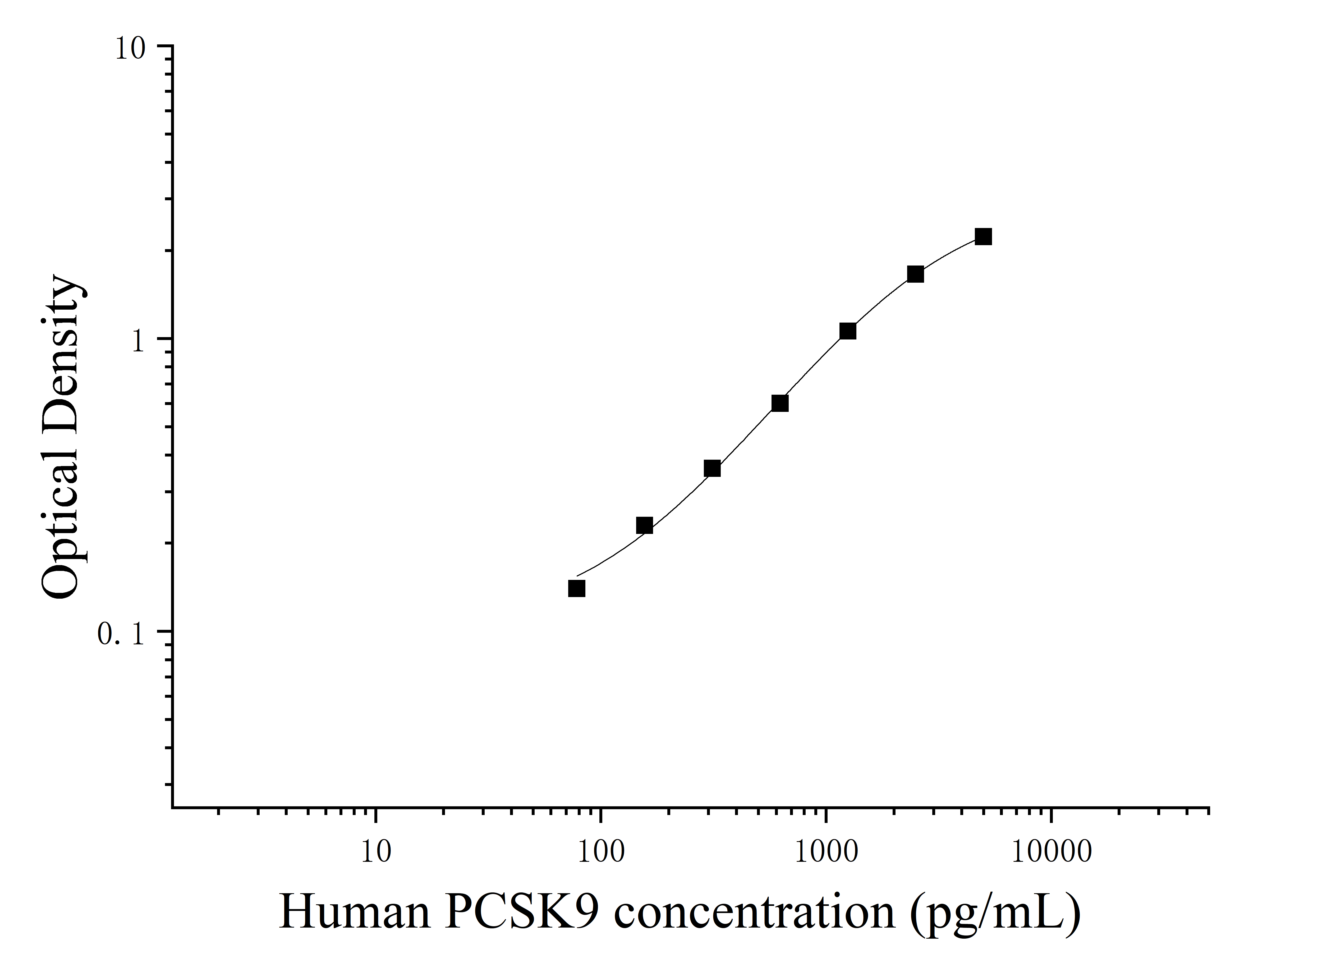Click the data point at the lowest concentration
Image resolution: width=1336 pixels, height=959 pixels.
tap(577, 588)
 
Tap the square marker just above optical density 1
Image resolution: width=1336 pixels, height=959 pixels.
tap(848, 331)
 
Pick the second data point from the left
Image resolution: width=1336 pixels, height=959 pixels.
tap(644, 525)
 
